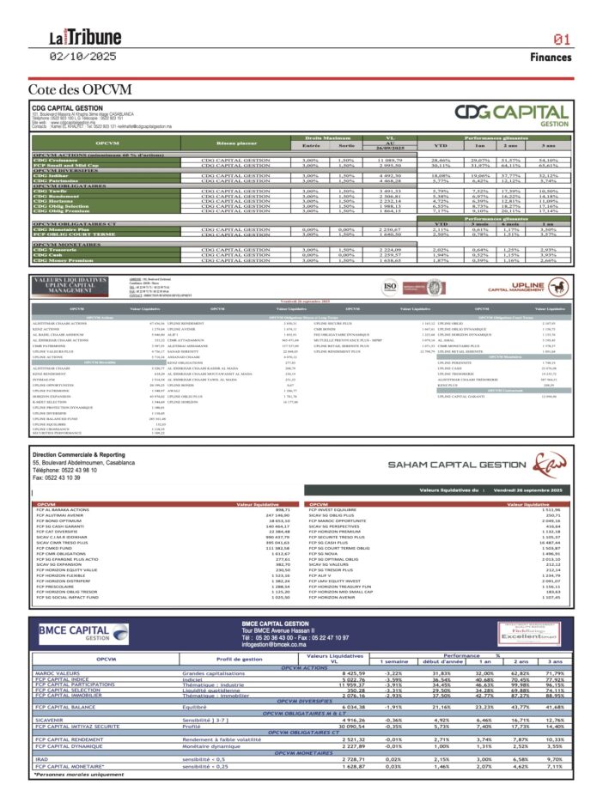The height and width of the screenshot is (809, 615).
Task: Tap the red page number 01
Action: coord(563,40)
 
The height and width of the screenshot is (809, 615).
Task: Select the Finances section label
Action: coord(551,58)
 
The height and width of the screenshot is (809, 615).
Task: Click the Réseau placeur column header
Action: coord(236,143)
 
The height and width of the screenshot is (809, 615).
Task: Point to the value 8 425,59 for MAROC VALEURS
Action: coord(353,672)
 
